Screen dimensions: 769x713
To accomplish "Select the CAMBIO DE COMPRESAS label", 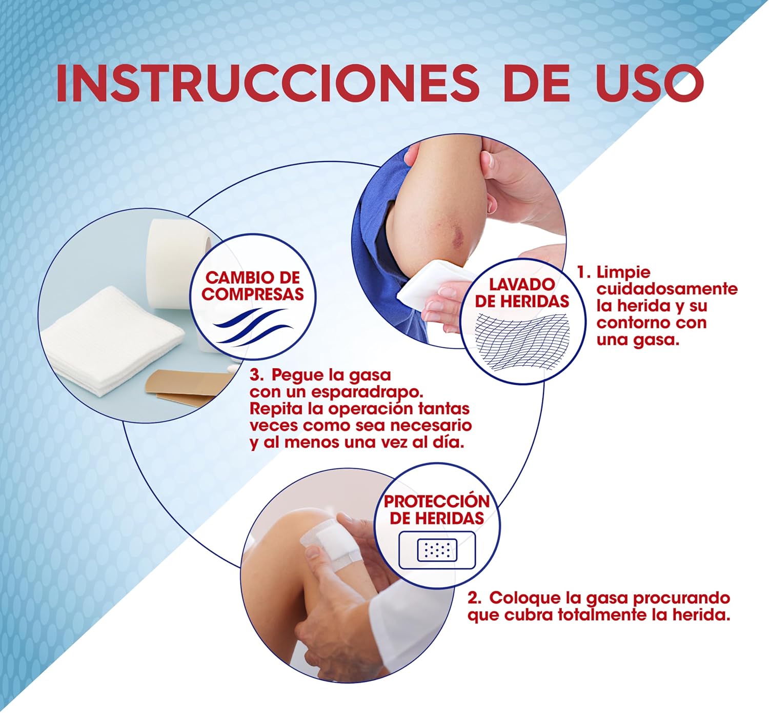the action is pyautogui.click(x=252, y=286).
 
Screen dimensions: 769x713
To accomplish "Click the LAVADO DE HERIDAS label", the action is pyautogui.click(x=522, y=293).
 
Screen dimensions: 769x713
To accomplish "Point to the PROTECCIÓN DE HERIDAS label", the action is pyautogui.click(x=437, y=510).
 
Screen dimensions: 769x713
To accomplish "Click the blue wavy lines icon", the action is pyautogui.click(x=252, y=327).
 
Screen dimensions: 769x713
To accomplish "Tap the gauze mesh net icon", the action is pyautogui.click(x=523, y=342).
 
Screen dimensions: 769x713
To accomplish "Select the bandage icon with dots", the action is pyautogui.click(x=437, y=550).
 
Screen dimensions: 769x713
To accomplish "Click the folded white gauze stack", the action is pyautogui.click(x=112, y=341).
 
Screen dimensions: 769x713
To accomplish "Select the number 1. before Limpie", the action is pyautogui.click(x=584, y=272).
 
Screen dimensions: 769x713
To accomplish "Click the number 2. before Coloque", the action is pyautogui.click(x=474, y=598).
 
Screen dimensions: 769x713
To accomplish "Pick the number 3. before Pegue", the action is pyautogui.click(x=257, y=375).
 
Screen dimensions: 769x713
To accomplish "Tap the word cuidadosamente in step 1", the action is pyautogui.click(x=667, y=289).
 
